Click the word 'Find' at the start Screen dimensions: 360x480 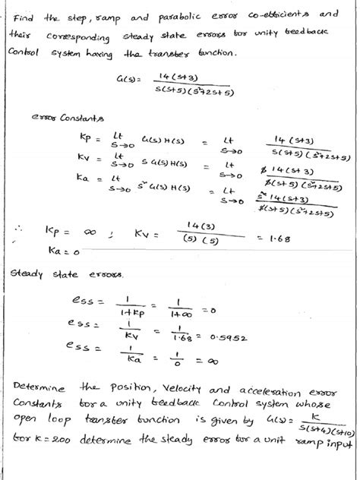[24, 17]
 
